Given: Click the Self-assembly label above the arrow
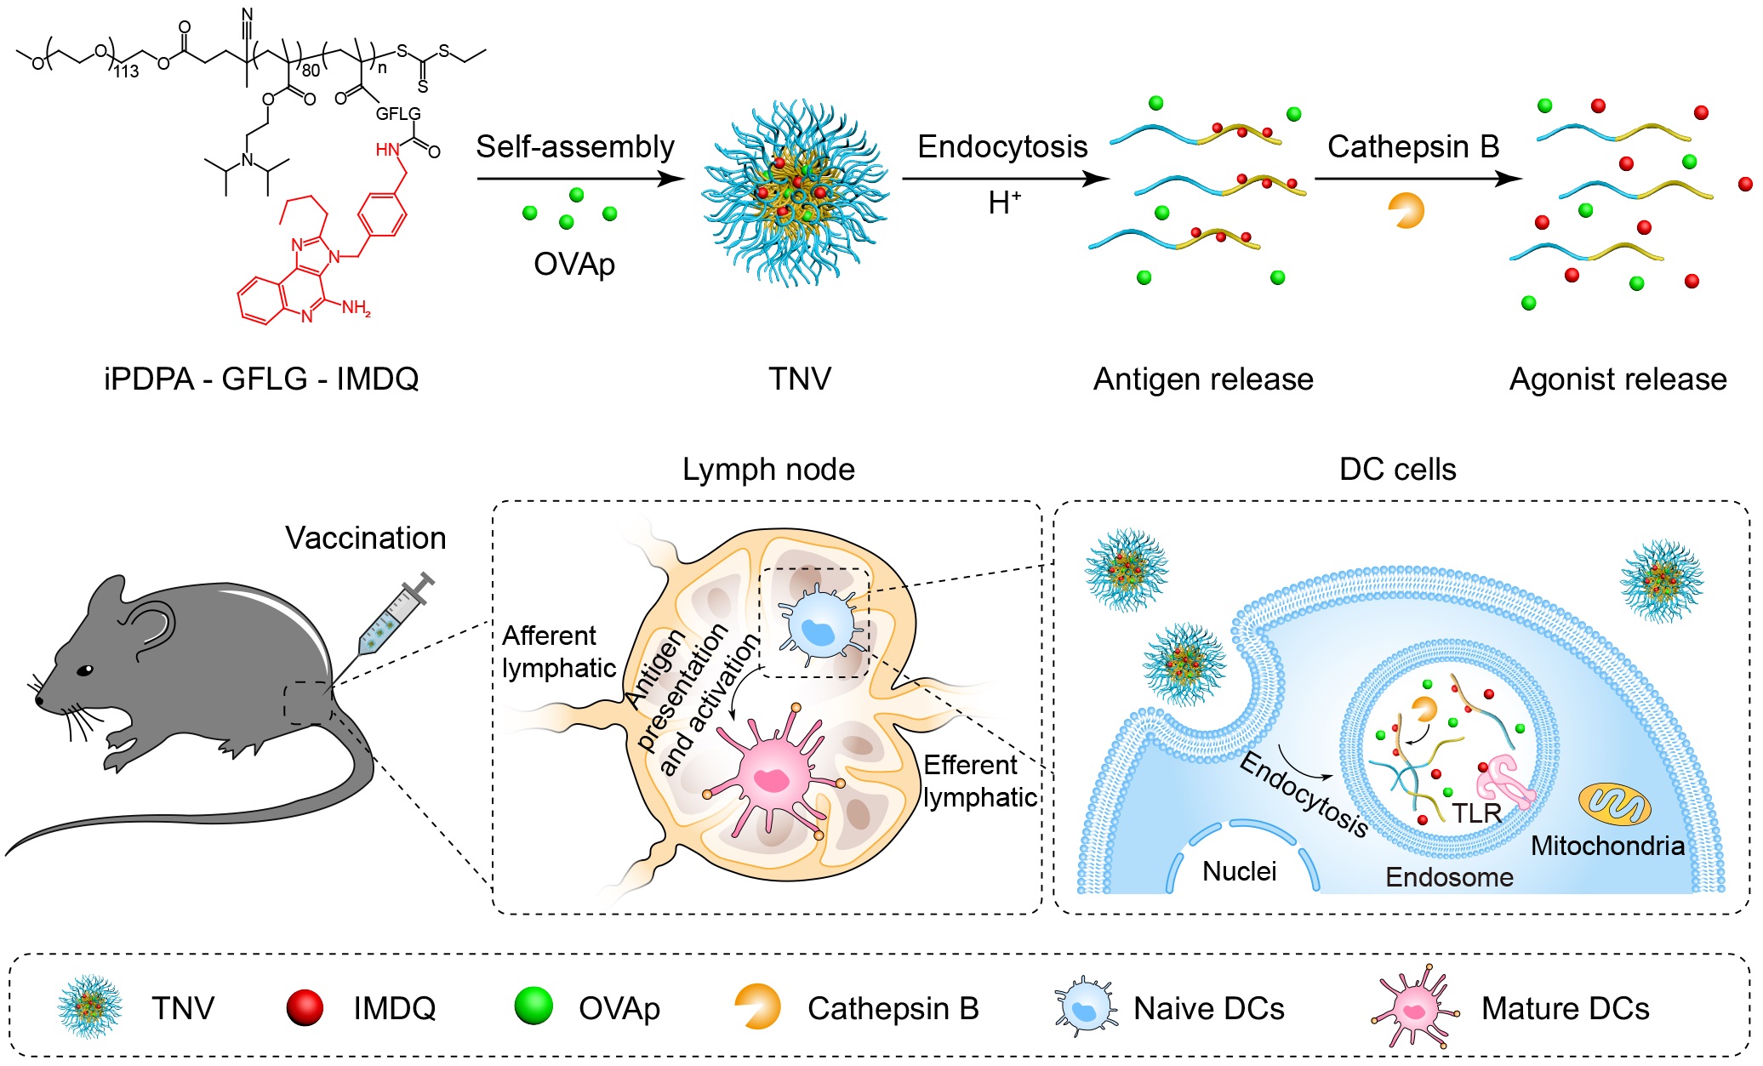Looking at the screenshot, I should [x=574, y=147].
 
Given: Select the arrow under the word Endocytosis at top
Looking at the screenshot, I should [x=1004, y=179].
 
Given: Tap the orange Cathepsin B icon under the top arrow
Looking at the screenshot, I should [x=1406, y=210].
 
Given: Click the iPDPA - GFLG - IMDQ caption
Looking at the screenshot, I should [x=261, y=379].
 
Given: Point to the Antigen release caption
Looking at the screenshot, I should [x=1202, y=379].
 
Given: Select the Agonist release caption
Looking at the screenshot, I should [x=1618, y=379].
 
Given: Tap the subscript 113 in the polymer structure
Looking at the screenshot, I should [x=126, y=72].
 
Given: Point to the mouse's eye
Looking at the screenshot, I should [x=85, y=670].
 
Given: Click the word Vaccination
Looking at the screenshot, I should [x=365, y=538].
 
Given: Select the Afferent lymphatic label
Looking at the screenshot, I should [x=558, y=652].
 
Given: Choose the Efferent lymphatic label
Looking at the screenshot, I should [x=979, y=781].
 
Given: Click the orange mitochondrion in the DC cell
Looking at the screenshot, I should [x=1614, y=804].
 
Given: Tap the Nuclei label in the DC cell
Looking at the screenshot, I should [x=1239, y=871].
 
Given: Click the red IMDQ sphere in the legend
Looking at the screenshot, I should [x=305, y=1007].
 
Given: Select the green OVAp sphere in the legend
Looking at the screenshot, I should [x=533, y=1006].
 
